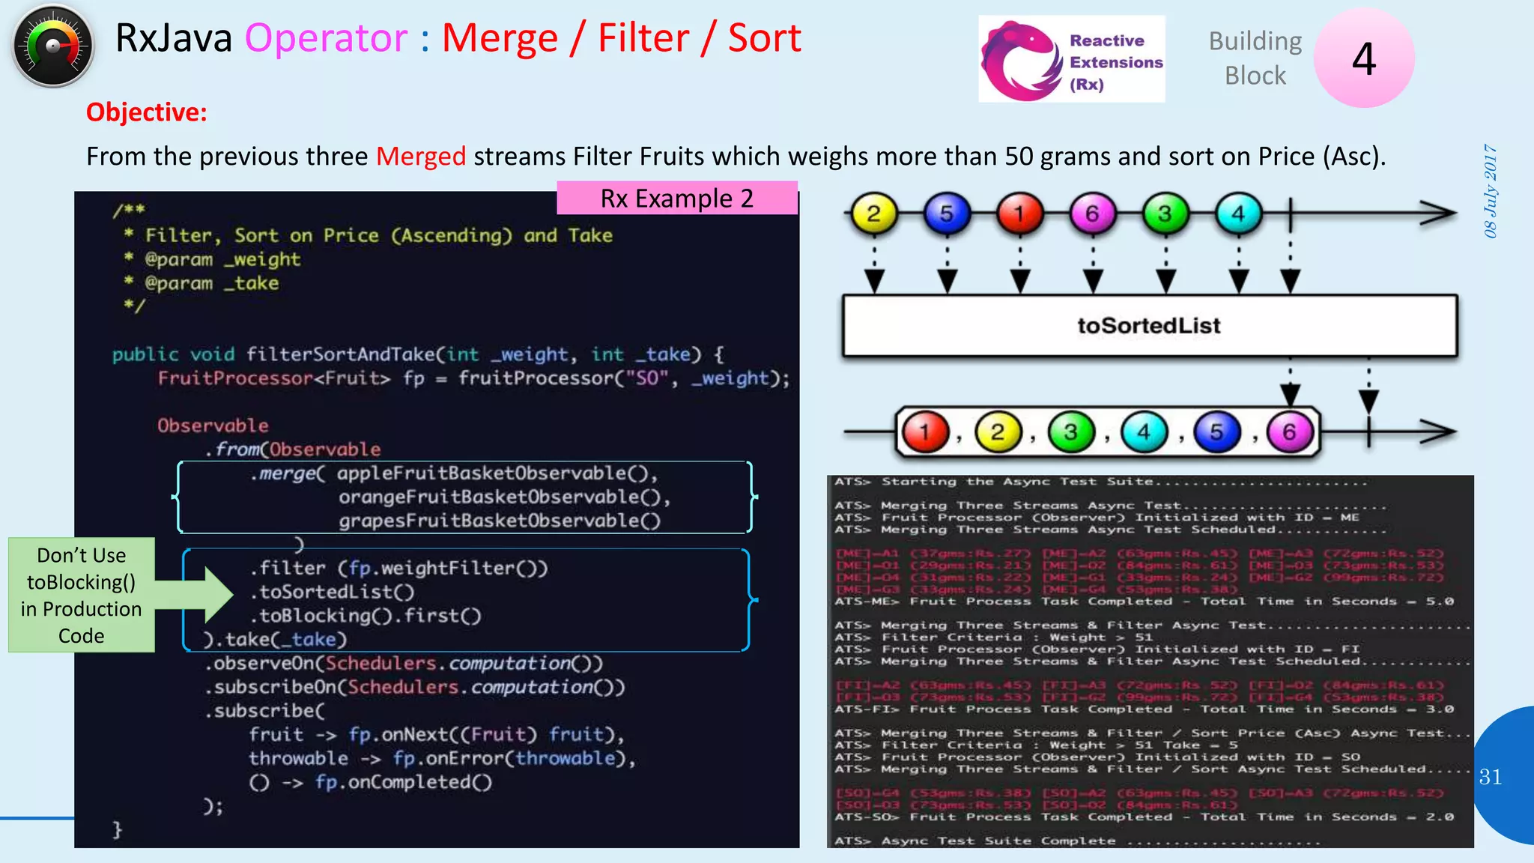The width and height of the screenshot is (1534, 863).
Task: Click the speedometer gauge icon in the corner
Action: click(x=52, y=46)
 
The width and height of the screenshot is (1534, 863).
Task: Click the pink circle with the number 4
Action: click(x=1363, y=58)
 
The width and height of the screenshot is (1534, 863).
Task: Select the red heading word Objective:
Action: click(x=147, y=112)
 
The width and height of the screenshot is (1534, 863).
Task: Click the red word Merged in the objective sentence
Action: click(x=420, y=157)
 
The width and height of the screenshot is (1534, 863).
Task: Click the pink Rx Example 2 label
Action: click(x=676, y=199)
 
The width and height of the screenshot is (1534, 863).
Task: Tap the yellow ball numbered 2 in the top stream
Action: click(x=873, y=214)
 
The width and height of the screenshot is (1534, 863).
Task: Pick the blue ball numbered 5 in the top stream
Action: click(x=946, y=214)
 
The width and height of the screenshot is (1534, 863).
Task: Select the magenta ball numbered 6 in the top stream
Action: click(x=1092, y=214)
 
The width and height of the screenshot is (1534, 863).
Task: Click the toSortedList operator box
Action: click(x=1149, y=326)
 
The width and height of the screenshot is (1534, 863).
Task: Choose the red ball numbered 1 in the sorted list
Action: click(x=925, y=432)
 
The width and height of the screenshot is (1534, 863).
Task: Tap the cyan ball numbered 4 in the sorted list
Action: click(x=1144, y=432)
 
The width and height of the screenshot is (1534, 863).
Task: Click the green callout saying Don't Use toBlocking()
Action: click(x=82, y=595)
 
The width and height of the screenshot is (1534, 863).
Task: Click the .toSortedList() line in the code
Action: click(x=333, y=592)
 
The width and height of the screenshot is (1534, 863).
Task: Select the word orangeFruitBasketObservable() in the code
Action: click(x=503, y=497)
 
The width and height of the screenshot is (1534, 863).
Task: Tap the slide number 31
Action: click(x=1490, y=777)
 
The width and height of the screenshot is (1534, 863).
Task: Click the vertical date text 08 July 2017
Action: click(x=1491, y=191)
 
